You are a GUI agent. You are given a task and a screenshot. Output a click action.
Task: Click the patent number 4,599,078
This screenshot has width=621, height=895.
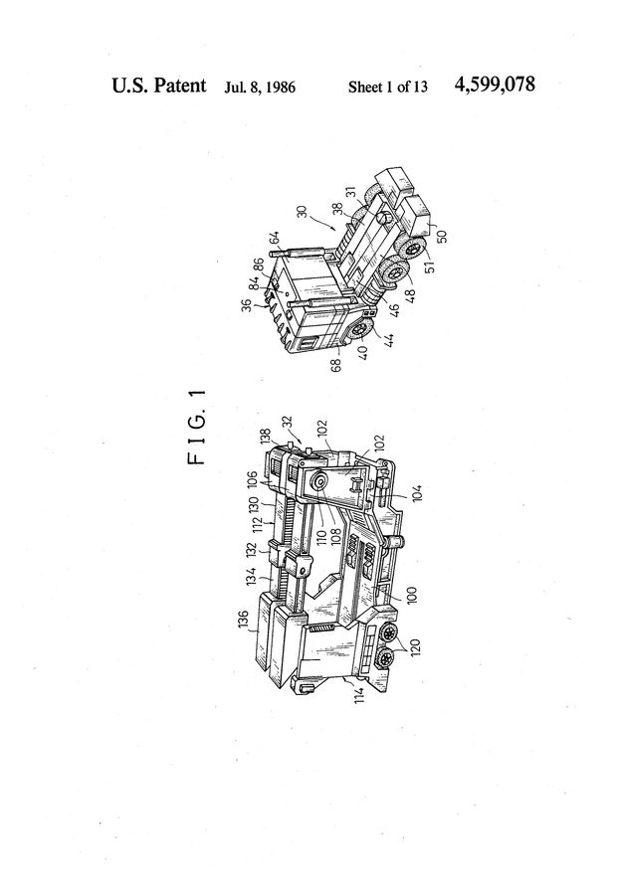495,86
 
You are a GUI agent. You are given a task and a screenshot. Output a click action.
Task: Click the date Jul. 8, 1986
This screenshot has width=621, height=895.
260,88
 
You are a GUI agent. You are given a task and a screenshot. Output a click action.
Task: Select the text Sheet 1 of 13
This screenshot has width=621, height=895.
388,87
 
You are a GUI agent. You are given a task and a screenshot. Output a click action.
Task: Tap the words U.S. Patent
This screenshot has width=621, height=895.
159,86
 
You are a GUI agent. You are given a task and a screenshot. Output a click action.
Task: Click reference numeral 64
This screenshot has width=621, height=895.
275,238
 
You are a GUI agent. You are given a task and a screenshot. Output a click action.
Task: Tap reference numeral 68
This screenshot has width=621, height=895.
336,364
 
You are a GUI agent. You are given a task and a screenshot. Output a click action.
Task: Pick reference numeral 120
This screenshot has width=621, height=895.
415,646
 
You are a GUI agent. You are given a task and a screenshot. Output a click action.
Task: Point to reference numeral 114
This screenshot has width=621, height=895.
359,693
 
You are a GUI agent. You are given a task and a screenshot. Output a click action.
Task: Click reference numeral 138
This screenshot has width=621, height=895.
266,437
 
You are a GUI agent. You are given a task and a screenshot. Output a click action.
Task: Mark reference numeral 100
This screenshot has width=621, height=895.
412,595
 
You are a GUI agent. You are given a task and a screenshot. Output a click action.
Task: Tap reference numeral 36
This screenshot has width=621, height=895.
247,306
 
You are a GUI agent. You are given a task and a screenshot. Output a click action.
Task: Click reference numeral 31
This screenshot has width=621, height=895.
350,194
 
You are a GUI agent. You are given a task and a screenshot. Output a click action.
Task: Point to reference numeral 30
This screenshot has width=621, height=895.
303,212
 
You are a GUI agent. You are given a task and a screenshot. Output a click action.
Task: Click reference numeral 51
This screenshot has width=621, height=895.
430,266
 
